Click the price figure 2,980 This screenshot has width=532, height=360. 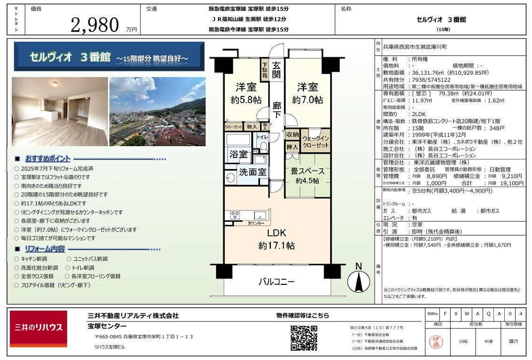coord(95,25)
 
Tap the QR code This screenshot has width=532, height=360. coord(304,338)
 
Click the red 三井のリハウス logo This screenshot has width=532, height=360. coord(39,329)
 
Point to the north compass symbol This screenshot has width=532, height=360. coord(359,279)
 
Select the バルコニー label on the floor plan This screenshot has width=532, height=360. coord(277,282)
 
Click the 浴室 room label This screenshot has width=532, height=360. coord(239,155)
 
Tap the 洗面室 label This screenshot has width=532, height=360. coord(253,172)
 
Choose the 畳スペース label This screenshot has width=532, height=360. coord(308,171)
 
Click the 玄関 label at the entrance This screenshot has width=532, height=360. coord(277,70)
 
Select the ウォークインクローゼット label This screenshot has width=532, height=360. coord(316,141)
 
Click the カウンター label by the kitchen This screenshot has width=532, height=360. coord(256,223)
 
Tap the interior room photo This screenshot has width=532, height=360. coord(60,111)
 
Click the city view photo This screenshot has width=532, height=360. coord(157,111)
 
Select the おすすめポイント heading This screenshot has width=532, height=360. coord(48,158)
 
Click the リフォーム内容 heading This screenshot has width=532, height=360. coord(45,249)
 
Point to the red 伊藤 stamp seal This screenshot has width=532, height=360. coord(436,342)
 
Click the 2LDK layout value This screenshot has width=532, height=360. coord(419,114)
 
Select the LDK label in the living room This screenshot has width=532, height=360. coord(277,233)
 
